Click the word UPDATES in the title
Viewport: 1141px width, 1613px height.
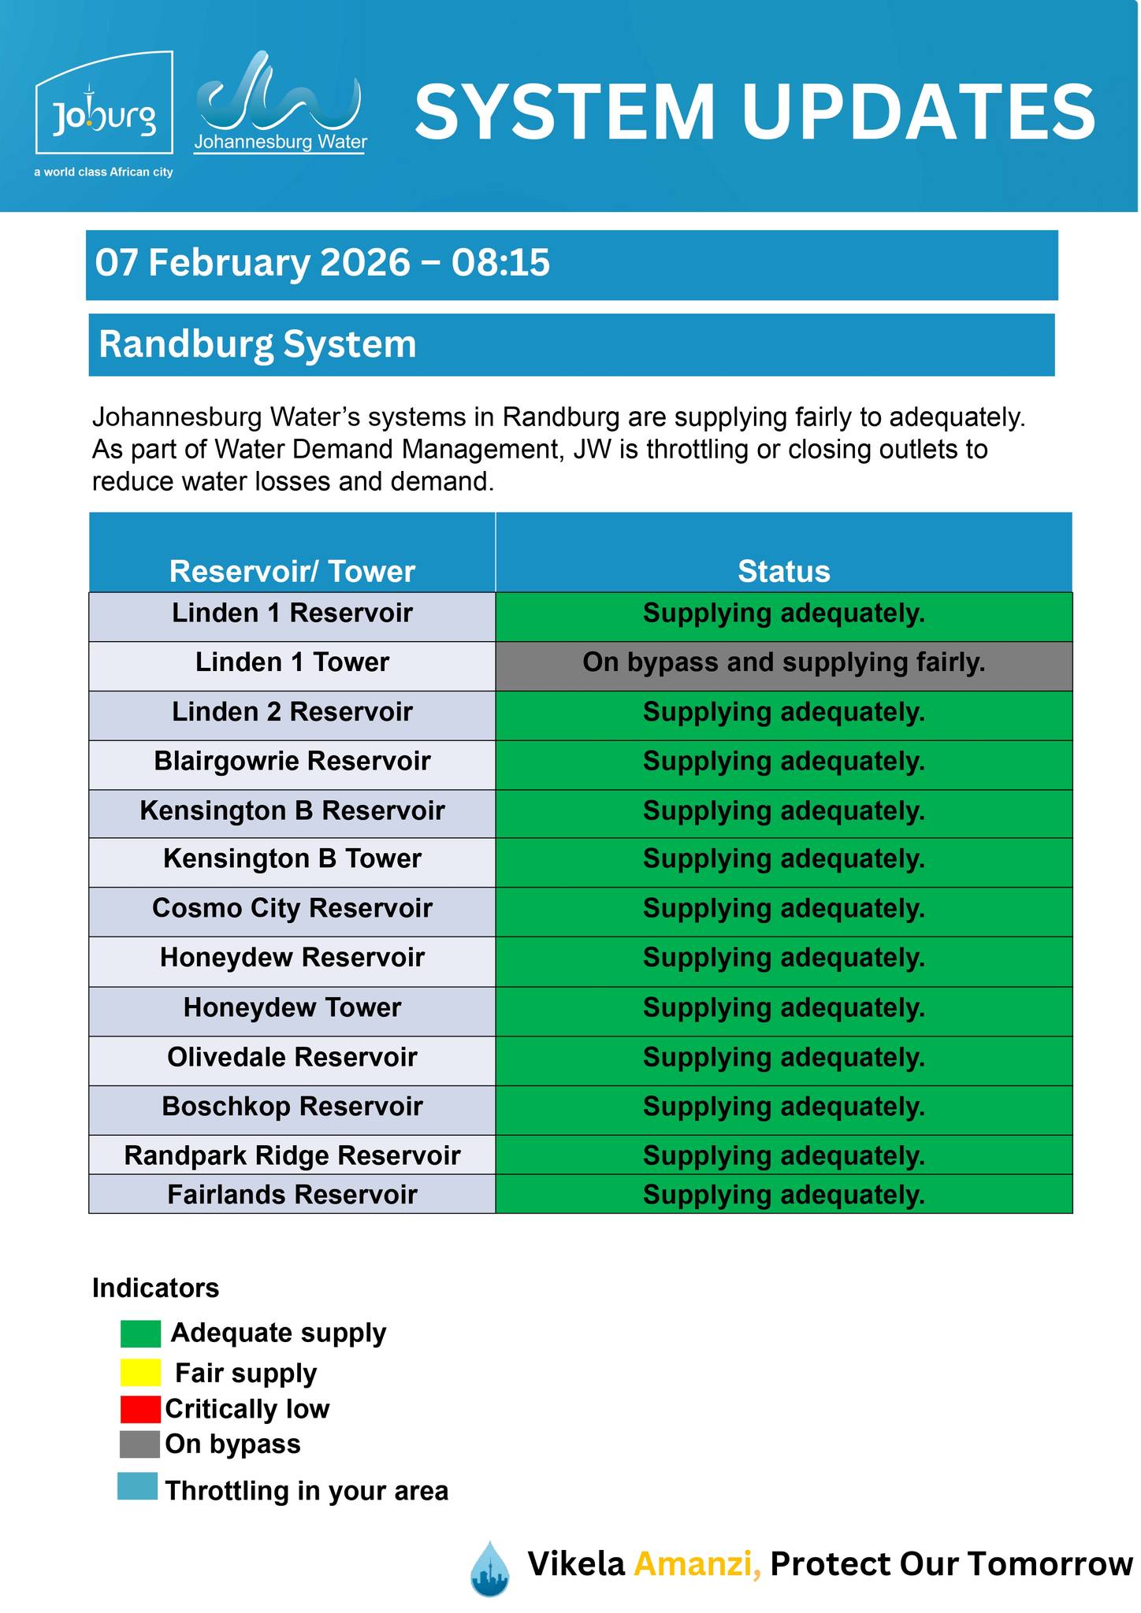point(918,112)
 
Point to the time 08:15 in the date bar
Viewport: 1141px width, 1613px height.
point(500,263)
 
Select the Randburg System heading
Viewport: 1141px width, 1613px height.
point(258,345)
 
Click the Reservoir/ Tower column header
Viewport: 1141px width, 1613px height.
point(292,571)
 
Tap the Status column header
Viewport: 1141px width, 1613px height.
point(783,571)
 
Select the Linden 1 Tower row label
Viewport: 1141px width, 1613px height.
point(292,662)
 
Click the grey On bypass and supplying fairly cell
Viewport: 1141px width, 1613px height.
point(783,662)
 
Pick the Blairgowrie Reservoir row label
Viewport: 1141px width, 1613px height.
point(292,762)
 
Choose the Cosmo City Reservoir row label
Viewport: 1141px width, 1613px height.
point(292,908)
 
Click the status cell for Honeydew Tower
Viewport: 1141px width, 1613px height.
point(783,1007)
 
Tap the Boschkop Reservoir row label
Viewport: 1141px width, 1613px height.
point(292,1107)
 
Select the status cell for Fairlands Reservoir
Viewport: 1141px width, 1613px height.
point(783,1195)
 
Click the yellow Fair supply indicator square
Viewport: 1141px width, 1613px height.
point(140,1373)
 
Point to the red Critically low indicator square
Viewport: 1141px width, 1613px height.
point(140,1409)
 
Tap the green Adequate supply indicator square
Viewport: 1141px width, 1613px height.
point(140,1333)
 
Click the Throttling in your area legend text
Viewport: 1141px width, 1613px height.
point(307,1491)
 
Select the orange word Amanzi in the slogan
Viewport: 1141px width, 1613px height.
point(697,1563)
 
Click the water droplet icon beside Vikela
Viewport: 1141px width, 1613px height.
point(489,1568)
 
